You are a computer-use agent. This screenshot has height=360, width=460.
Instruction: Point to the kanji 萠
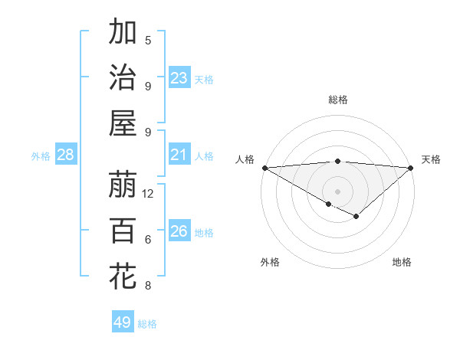(x=123, y=185)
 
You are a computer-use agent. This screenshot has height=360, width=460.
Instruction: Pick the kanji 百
(x=123, y=231)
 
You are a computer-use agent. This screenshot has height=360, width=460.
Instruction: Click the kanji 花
(x=123, y=277)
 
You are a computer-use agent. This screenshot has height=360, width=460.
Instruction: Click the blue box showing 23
(x=179, y=78)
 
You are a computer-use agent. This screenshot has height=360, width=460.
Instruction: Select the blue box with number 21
(x=179, y=155)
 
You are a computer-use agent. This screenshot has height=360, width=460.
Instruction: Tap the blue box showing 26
(x=179, y=231)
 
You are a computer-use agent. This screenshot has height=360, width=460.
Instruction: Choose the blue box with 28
(x=65, y=155)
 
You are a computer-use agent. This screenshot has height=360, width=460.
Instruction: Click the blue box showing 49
(x=123, y=322)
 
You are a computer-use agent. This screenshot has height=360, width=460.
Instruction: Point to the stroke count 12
(x=148, y=194)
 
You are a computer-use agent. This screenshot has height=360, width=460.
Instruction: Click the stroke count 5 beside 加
(x=148, y=41)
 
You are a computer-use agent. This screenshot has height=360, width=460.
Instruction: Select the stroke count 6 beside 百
(x=148, y=240)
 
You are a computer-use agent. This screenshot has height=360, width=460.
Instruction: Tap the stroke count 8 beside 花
(x=148, y=286)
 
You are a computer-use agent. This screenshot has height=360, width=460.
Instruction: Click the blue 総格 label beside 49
(x=147, y=324)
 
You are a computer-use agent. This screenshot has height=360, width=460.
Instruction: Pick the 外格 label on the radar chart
(x=270, y=262)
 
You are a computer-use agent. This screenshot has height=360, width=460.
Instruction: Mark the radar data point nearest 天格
(x=411, y=168)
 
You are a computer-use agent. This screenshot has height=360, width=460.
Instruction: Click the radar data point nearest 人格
(x=264, y=168)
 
